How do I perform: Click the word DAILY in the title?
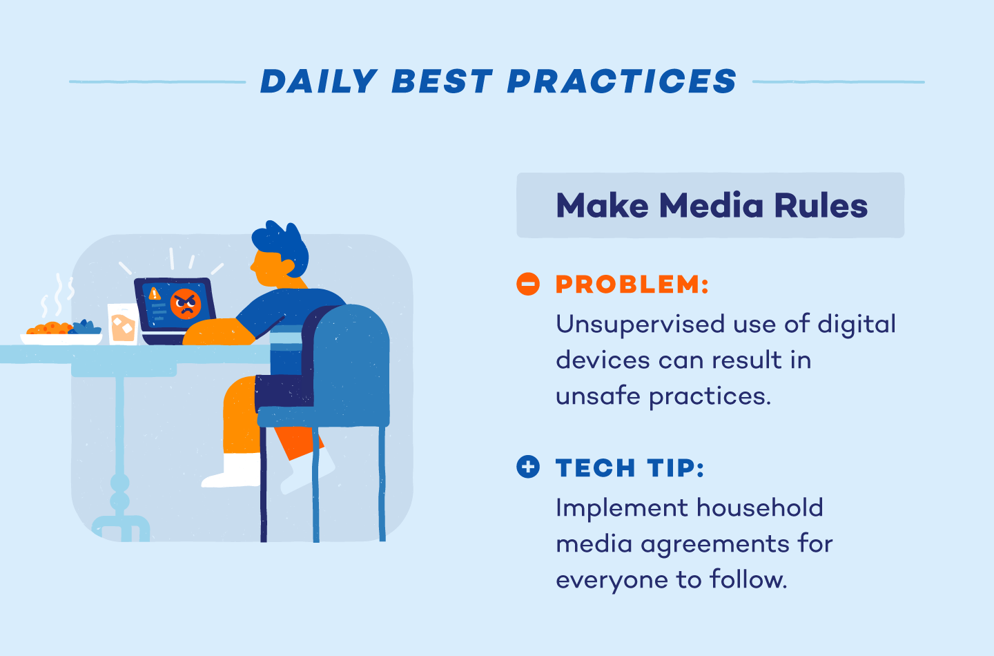[318, 81]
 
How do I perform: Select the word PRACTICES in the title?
[622, 81]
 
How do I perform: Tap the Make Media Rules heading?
[711, 206]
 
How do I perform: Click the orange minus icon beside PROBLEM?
[528, 284]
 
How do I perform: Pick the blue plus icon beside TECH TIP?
[528, 467]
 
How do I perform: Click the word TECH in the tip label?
[595, 468]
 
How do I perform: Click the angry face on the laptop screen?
[186, 304]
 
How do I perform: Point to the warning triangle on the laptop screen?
[155, 293]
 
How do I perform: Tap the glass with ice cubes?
[123, 324]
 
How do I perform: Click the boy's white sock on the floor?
[235, 470]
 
